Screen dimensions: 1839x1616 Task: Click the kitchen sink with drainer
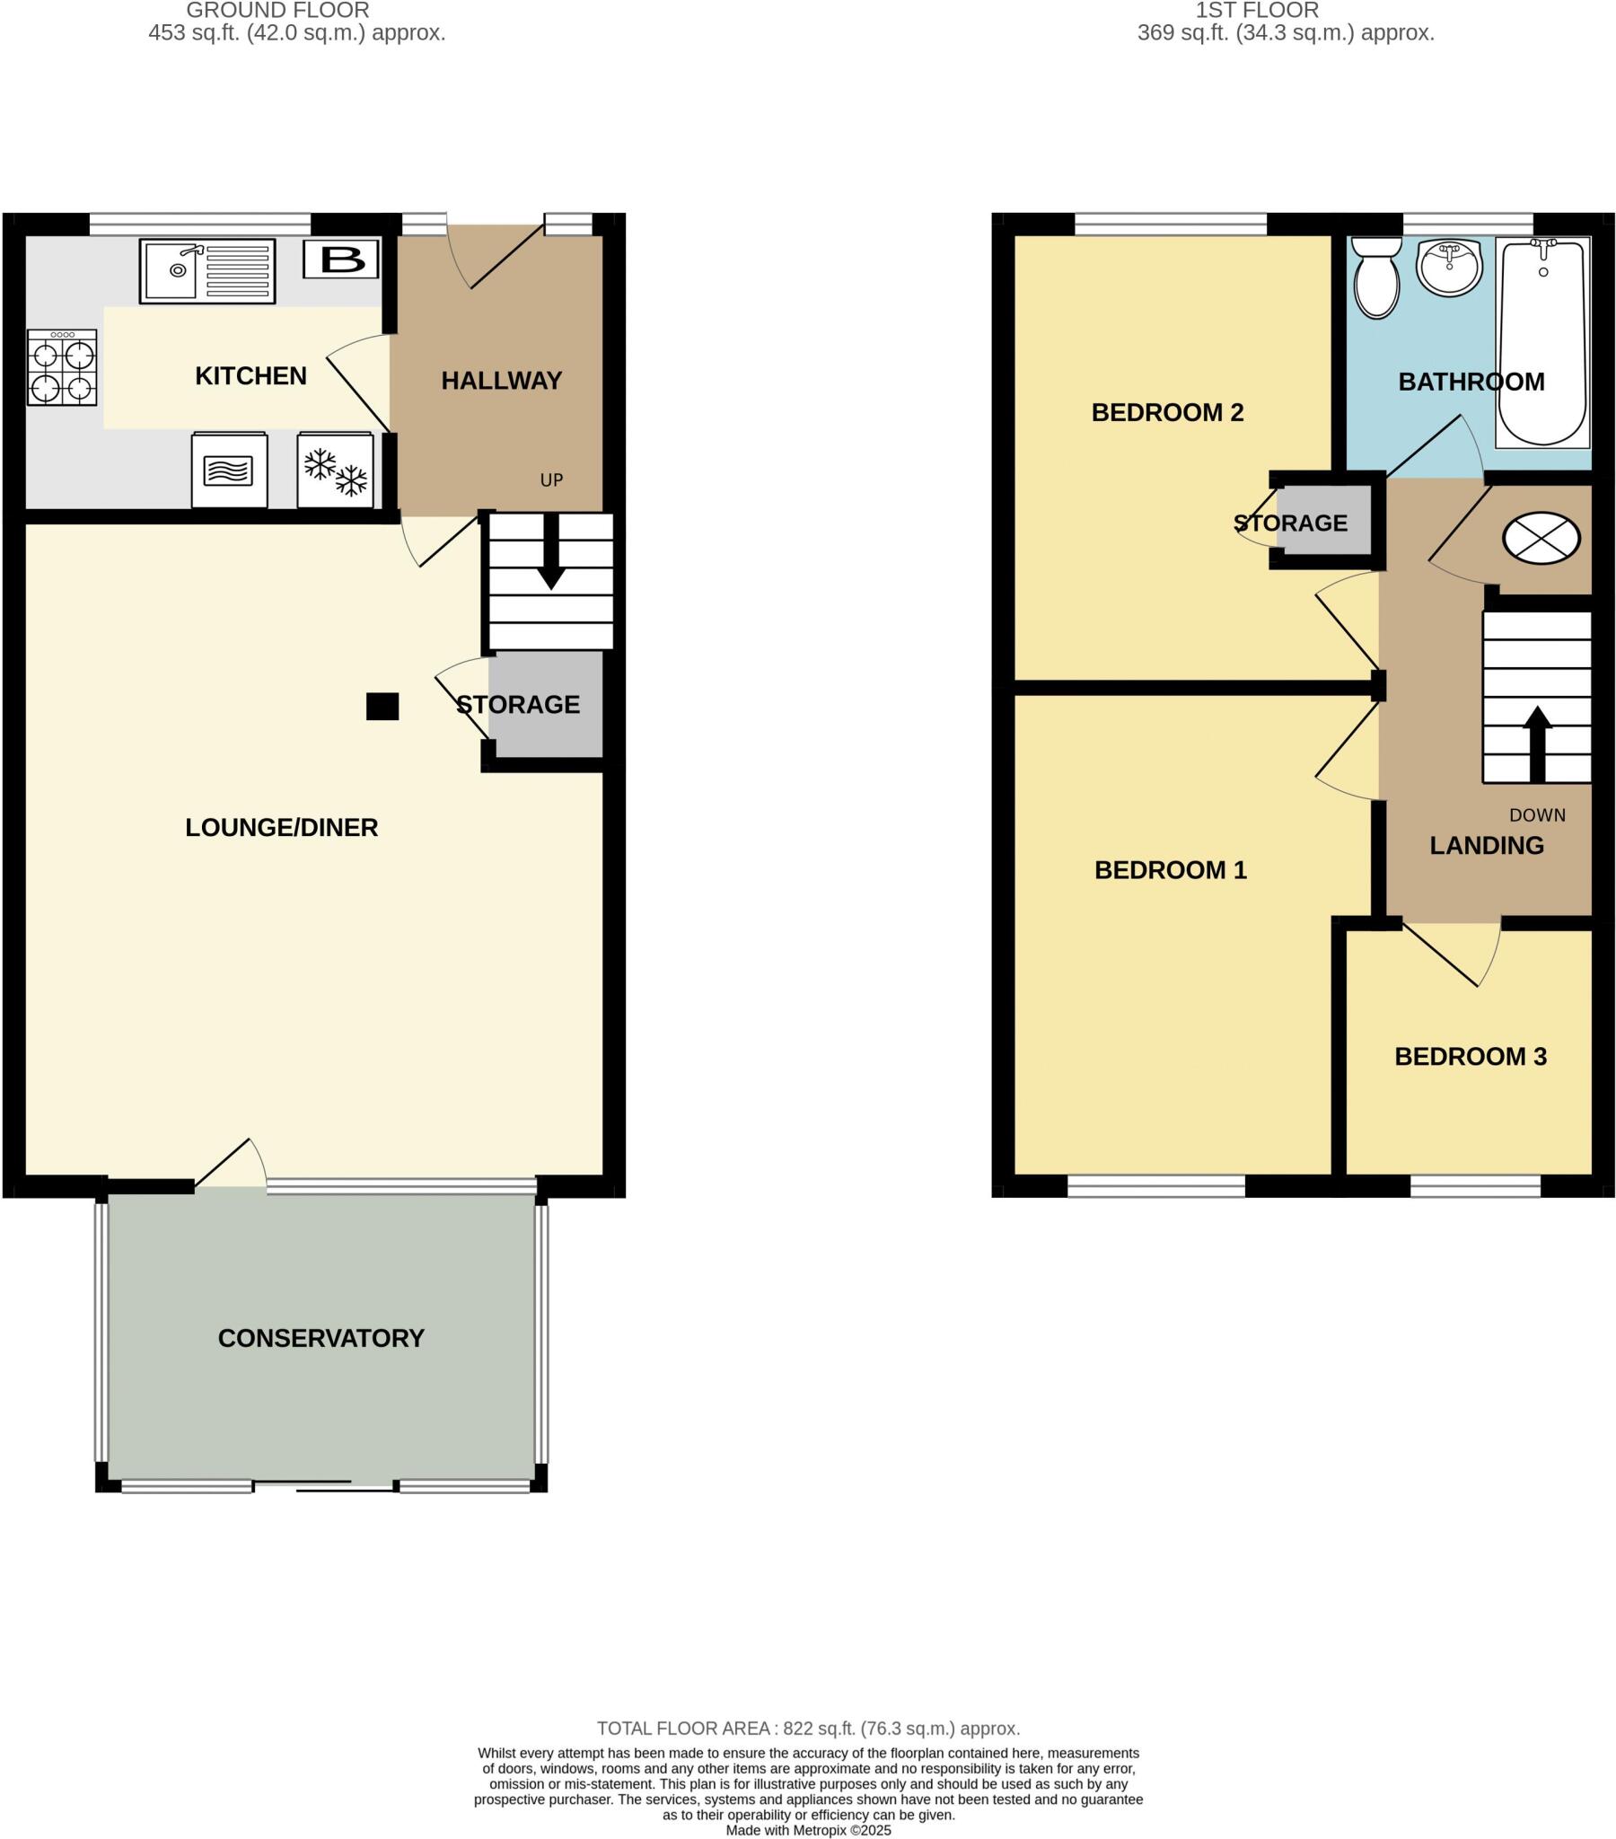pyautogui.click(x=207, y=271)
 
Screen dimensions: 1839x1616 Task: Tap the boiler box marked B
pyautogui.click(x=341, y=260)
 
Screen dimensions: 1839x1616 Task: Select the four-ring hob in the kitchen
pyautogui.click(x=61, y=367)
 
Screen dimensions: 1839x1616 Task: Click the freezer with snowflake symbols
pyautogui.click(x=336, y=470)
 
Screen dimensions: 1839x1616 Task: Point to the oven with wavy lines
pyautogui.click(x=229, y=470)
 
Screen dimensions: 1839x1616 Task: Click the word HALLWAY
pyautogui.click(x=501, y=381)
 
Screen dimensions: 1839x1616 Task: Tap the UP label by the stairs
pyautogui.click(x=550, y=480)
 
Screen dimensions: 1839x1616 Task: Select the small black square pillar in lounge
pyautogui.click(x=382, y=707)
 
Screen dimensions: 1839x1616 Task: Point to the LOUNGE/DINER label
pyautogui.click(x=281, y=828)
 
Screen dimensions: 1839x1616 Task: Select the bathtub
pyautogui.click(x=1542, y=342)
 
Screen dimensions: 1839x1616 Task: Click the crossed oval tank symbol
pyautogui.click(x=1541, y=538)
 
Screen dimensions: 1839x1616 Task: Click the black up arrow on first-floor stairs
pyautogui.click(x=1537, y=744)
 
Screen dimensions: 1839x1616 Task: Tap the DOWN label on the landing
pyautogui.click(x=1537, y=815)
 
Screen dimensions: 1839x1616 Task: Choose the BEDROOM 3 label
pyautogui.click(x=1471, y=1056)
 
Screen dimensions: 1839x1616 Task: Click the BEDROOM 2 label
pyautogui.click(x=1167, y=412)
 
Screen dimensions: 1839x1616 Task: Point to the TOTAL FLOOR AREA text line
pyautogui.click(x=808, y=1729)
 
